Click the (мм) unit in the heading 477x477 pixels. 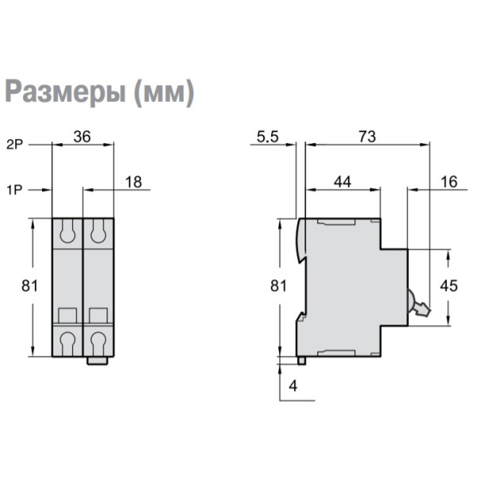point(164,93)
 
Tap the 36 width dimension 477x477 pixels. point(82,136)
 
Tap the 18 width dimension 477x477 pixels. point(134,182)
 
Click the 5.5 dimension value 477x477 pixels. point(268,136)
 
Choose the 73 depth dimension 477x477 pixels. point(366,136)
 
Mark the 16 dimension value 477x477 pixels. point(448,182)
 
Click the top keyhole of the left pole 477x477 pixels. point(68,232)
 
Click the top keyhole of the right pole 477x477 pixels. point(98,232)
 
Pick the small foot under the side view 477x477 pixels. point(302,361)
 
